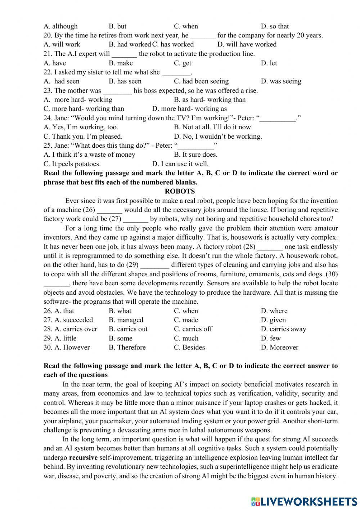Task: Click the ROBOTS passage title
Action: (180, 191)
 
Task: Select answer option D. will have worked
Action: (247, 44)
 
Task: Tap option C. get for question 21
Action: (183, 63)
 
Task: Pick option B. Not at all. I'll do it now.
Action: (213, 127)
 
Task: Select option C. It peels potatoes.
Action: (72, 164)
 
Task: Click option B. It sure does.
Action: (195, 155)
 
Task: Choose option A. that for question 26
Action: (59, 311)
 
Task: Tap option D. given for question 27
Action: (273, 320)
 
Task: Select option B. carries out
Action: (128, 329)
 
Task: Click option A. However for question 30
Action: (67, 347)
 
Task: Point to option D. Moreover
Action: (280, 347)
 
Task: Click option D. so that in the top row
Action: (275, 26)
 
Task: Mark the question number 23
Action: (48, 90)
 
